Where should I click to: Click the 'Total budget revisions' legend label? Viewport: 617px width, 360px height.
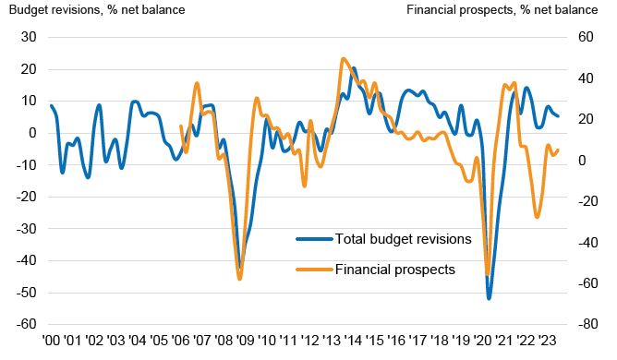coord(403,239)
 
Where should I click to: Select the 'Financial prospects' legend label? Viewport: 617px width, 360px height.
coord(395,270)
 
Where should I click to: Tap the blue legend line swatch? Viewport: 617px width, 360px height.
coord(314,238)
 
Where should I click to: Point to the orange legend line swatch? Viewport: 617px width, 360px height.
coord(314,270)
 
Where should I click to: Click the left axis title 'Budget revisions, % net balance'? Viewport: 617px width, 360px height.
coord(97,9)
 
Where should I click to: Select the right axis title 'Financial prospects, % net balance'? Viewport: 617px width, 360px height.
coord(502,9)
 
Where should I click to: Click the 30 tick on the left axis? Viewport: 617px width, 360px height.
coord(29,37)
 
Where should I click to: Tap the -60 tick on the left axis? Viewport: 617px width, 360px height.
coord(26,324)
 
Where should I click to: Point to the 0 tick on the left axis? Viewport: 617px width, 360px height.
coord(32,133)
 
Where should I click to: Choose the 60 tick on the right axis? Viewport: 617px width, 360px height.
coord(586,37)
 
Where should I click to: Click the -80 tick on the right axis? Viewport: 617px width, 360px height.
coord(587,324)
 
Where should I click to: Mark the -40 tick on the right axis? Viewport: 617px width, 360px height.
coord(587,243)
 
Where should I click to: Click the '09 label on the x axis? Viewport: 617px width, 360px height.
coord(245,340)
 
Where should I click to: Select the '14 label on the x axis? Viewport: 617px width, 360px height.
coord(353,340)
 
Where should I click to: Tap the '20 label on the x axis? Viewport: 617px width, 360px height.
coord(483,340)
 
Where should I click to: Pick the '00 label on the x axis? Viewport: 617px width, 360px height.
coord(51,340)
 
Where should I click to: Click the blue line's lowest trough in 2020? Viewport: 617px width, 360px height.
coord(490,299)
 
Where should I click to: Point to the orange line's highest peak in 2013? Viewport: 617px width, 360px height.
coord(343,59)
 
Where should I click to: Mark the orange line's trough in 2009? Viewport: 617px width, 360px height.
coord(239,279)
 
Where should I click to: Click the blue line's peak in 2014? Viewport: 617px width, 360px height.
coord(354,68)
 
